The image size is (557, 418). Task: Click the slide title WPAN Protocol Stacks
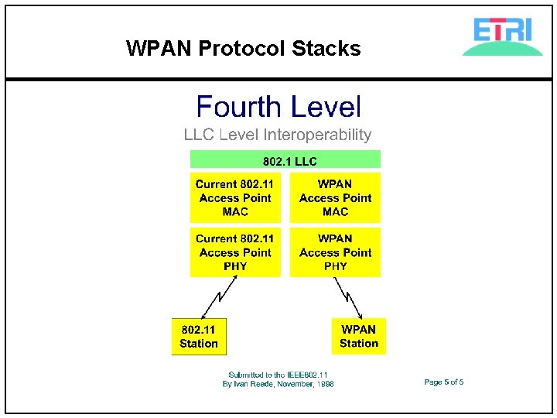point(243,49)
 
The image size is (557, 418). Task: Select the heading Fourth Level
point(278,108)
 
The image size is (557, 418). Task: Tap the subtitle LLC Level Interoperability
point(278,135)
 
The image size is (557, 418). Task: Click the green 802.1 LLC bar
point(286,160)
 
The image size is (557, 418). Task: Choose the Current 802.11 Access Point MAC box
point(235,198)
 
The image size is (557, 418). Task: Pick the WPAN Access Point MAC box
point(335,198)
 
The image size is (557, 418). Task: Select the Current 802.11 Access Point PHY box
point(235,252)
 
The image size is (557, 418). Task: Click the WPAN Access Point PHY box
point(335,252)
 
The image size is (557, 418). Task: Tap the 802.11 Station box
point(199,337)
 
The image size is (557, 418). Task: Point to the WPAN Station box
point(358,337)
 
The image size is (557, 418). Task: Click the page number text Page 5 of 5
point(443,382)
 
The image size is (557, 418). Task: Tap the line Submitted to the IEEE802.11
point(278,375)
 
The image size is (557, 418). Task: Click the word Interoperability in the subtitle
point(317,135)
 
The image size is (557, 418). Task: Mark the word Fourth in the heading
point(237,108)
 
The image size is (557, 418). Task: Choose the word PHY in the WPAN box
point(335,266)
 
